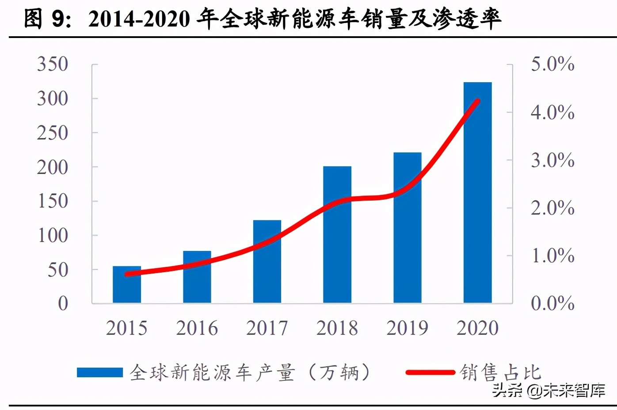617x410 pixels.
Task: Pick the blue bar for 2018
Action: [337, 235]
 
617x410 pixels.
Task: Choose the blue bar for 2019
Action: [408, 228]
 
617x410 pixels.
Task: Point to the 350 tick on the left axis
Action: [53, 64]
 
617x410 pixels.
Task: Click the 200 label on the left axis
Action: [53, 167]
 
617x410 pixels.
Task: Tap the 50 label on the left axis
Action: [58, 270]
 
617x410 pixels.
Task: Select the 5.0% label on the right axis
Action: [552, 64]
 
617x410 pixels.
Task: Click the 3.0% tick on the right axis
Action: [552, 160]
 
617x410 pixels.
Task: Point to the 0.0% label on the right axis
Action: [552, 304]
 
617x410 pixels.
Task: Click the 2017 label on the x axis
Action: [267, 328]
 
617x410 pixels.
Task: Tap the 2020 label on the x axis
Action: [477, 328]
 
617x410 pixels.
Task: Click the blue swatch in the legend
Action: [99, 372]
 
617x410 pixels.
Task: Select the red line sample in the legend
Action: [430, 372]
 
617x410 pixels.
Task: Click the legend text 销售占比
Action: [500, 372]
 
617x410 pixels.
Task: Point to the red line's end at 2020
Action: [477, 101]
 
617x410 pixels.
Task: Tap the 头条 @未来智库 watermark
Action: [548, 390]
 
